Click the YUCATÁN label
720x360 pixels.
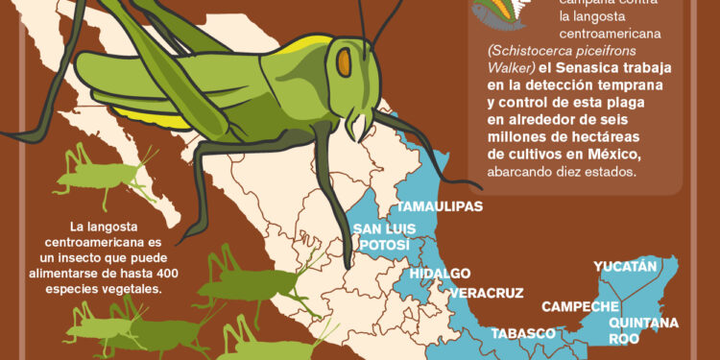tap(625, 266)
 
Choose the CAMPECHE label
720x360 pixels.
tap(580, 307)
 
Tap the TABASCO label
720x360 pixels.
tap(523, 334)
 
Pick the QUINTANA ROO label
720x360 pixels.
tap(643, 330)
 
